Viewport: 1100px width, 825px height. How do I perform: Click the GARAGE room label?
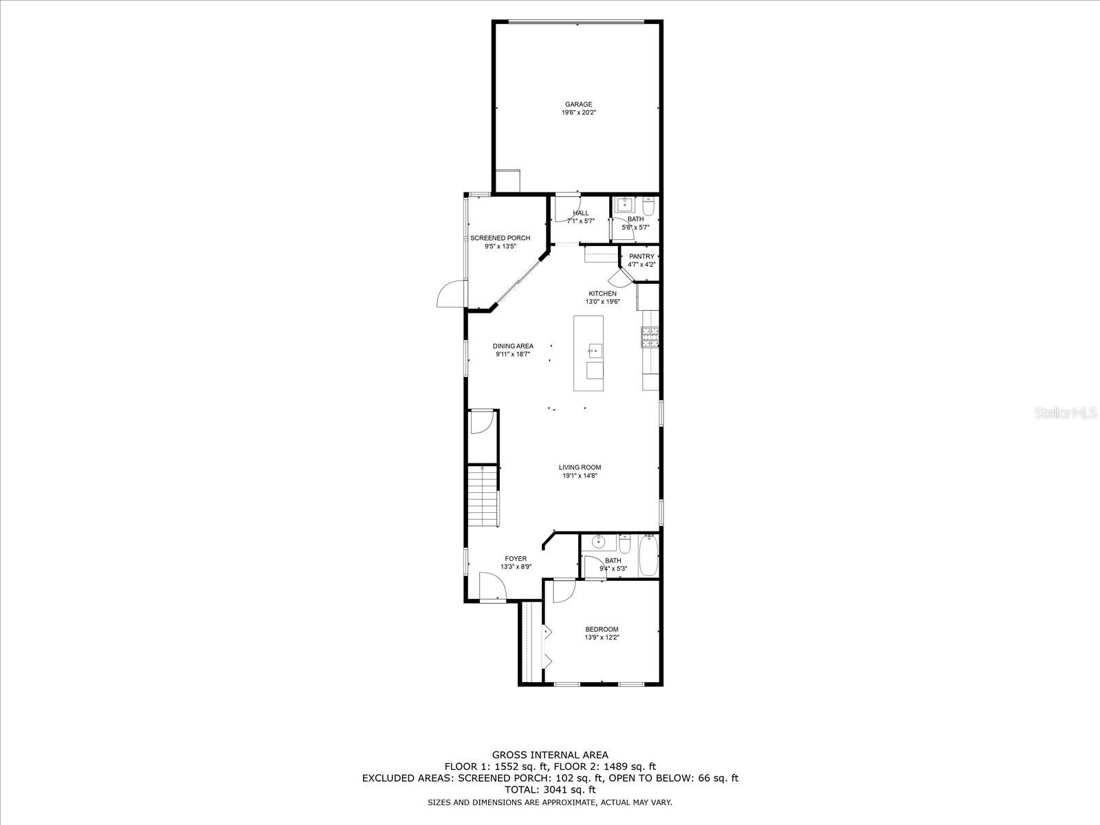[x=578, y=104]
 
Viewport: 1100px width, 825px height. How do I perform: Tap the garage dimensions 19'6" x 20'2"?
[x=578, y=112]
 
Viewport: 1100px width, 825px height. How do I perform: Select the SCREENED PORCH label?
[x=500, y=238]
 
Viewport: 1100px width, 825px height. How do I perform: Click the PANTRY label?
[x=641, y=256]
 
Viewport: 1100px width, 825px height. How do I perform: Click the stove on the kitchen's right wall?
[x=650, y=336]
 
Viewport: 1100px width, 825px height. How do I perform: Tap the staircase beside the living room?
[x=482, y=496]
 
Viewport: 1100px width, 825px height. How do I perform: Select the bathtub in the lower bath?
[x=648, y=557]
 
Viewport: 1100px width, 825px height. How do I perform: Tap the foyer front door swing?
[x=493, y=588]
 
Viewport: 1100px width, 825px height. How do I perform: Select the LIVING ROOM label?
[x=580, y=467]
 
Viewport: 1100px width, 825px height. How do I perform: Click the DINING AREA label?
[x=513, y=346]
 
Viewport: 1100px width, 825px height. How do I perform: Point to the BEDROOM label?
[x=602, y=629]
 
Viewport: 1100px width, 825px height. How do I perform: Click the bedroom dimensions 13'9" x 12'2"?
[x=602, y=637]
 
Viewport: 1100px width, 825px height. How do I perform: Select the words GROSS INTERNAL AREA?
[x=550, y=755]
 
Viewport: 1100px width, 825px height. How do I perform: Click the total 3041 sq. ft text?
[x=550, y=790]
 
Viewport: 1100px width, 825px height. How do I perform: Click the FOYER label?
[x=516, y=559]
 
